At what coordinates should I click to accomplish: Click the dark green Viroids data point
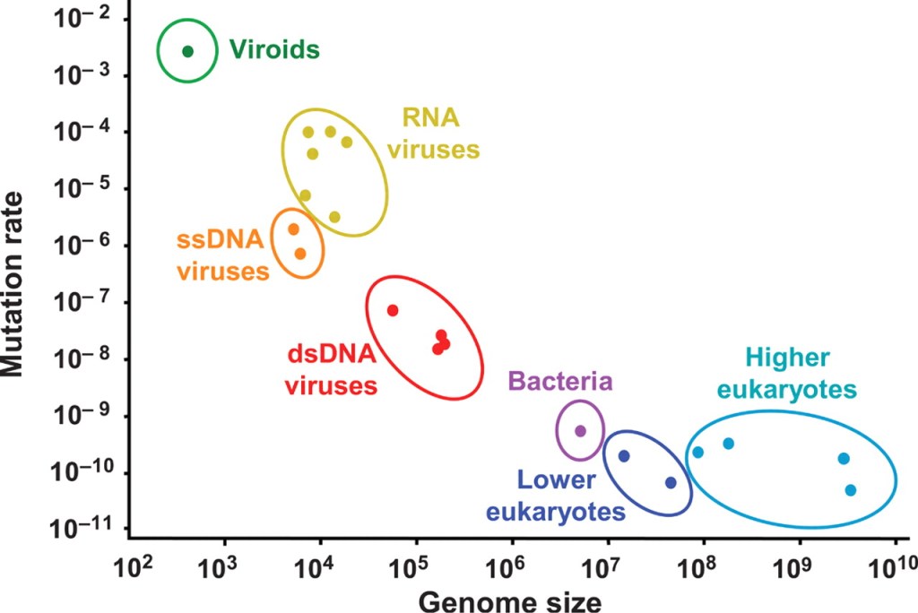click(x=187, y=51)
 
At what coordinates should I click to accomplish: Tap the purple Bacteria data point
click(x=580, y=431)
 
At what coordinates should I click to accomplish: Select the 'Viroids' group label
click(x=274, y=49)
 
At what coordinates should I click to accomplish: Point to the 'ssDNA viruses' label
click(x=222, y=255)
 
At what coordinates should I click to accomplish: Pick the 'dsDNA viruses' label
click(x=331, y=370)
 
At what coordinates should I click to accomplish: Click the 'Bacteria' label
click(x=560, y=382)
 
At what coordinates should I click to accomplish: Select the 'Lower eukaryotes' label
click(x=555, y=496)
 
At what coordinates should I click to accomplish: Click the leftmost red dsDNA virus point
click(x=393, y=310)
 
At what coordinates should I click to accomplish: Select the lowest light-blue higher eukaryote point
click(x=851, y=490)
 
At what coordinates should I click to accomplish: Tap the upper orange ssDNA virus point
click(x=293, y=229)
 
